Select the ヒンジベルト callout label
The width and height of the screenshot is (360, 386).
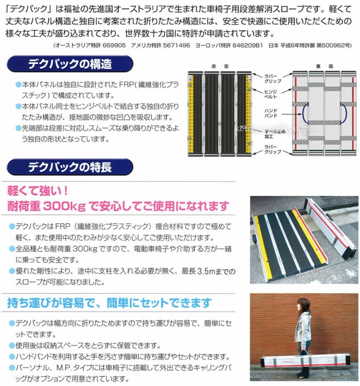click(x=272, y=93)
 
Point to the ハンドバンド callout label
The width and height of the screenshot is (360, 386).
click(x=271, y=113)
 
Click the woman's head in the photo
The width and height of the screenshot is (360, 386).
click(x=303, y=304)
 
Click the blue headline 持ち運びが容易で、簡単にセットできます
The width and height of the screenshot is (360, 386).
click(x=110, y=303)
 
